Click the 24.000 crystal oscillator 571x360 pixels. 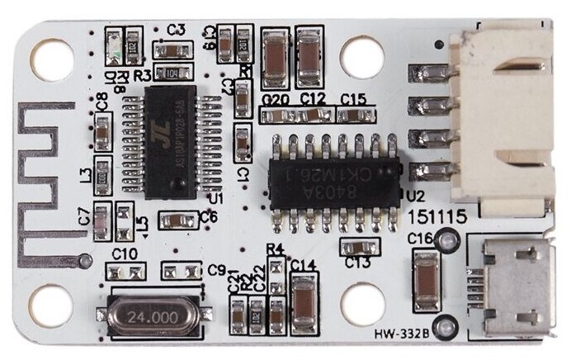pos(148,315)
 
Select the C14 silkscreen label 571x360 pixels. pos(304,265)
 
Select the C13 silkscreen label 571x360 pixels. pos(358,263)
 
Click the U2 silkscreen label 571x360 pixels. pos(415,197)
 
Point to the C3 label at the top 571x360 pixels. pos(175,30)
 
